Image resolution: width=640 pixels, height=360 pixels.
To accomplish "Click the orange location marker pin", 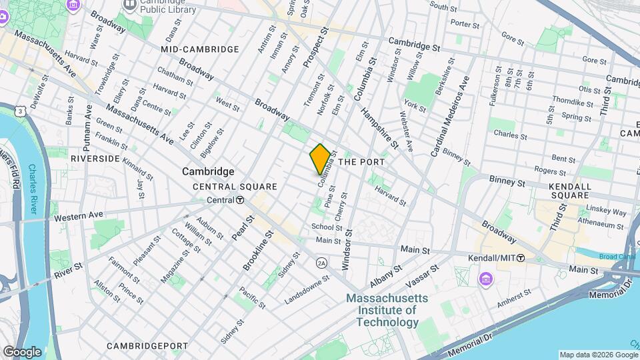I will [x=321, y=159].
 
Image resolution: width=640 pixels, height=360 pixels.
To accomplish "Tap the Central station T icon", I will [x=239, y=200].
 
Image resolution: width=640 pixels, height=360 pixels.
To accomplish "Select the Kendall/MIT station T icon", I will [x=521, y=258].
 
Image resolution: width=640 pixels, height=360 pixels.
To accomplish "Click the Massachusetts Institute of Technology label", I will [x=381, y=311].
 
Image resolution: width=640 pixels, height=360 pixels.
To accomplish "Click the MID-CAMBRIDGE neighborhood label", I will [x=200, y=49].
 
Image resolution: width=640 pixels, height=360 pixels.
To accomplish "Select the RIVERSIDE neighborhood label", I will [x=95, y=159].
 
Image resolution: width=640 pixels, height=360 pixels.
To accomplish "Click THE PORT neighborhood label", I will [x=365, y=161].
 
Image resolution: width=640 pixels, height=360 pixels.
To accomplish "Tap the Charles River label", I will [x=31, y=191].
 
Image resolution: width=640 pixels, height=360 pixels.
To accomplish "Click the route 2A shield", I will [x=321, y=262].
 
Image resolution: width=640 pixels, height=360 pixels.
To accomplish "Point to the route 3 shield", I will [x=23, y=110].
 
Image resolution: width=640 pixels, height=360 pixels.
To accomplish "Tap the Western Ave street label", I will [x=79, y=216].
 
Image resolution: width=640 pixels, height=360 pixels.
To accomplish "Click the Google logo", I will [x=22, y=351].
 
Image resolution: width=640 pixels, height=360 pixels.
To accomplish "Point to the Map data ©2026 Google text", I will [x=597, y=355].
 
